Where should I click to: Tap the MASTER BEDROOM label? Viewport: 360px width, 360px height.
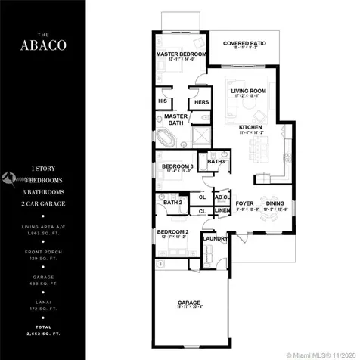pyautogui.click(x=181, y=55)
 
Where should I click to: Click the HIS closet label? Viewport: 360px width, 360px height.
pyautogui.click(x=163, y=101)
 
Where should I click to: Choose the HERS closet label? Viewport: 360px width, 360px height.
pyautogui.click(x=201, y=101)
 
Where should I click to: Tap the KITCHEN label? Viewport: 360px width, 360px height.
pyautogui.click(x=250, y=126)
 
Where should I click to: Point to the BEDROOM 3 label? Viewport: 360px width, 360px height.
pyautogui.click(x=175, y=166)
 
